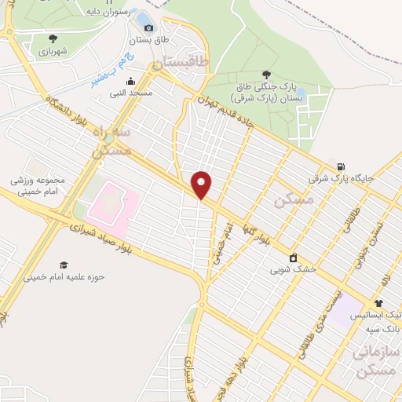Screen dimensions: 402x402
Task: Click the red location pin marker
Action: pos(202,185)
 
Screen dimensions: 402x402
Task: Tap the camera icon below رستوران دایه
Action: pos(148,28)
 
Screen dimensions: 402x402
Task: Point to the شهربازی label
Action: pos(53,51)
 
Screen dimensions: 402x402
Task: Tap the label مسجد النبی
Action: pos(130,93)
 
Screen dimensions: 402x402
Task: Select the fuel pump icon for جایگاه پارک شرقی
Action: pos(340,166)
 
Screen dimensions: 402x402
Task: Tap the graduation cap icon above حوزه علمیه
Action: pos(63,265)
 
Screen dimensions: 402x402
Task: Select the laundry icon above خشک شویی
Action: pos(293,257)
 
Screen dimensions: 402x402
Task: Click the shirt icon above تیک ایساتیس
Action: pos(378,302)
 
